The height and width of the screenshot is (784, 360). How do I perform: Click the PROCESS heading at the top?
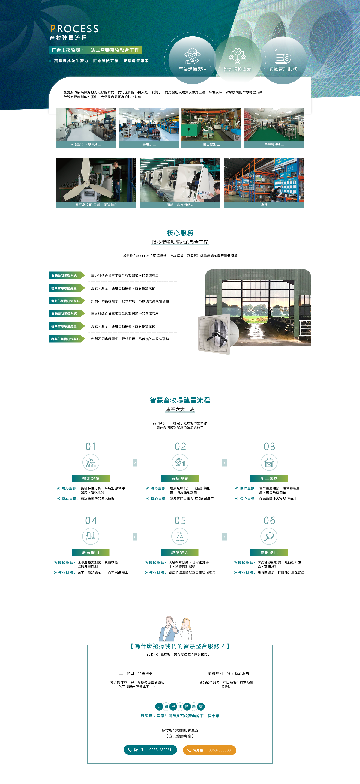(74, 29)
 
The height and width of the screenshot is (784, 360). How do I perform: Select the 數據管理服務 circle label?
(283, 69)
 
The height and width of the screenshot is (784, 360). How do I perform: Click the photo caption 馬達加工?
(149, 144)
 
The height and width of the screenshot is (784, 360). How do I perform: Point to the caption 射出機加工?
(211, 144)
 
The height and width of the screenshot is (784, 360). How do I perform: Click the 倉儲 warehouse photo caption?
(264, 205)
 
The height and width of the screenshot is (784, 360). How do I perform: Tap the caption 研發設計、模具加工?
(86, 144)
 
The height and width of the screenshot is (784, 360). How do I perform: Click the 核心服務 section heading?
(180, 233)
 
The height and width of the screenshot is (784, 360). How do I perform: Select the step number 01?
(91, 447)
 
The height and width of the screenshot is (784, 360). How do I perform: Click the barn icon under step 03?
(269, 463)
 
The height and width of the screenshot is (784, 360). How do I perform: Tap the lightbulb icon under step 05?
(180, 536)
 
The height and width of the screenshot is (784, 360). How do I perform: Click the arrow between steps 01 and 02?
(135, 463)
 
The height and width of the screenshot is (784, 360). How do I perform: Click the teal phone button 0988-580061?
(150, 750)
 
